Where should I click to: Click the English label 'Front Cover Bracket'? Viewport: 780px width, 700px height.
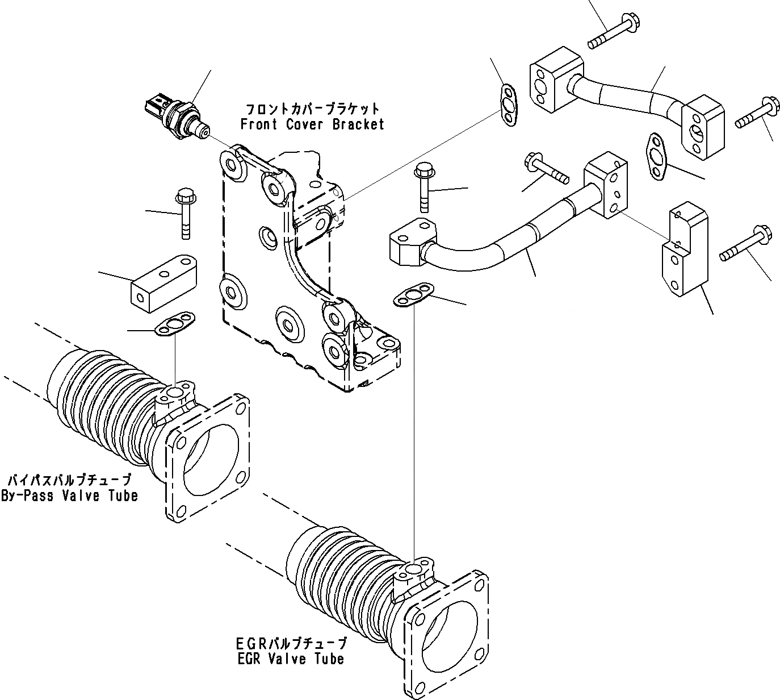312,124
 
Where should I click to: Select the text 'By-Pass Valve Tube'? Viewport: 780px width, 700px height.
69,495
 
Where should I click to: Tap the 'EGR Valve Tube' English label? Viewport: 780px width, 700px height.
290,659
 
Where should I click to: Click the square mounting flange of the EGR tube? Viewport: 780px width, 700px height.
448,631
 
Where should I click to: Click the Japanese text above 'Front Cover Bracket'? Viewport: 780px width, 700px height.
312,108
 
